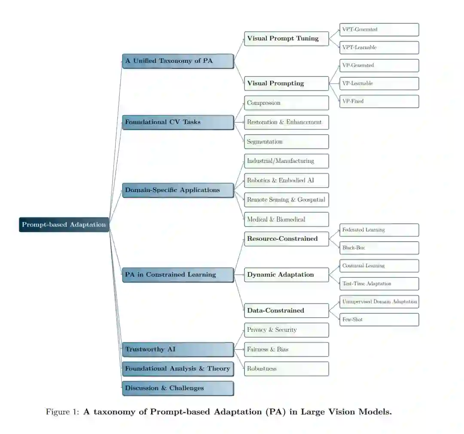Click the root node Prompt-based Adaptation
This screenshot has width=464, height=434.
(64, 225)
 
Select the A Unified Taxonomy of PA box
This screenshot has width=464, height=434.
(178, 61)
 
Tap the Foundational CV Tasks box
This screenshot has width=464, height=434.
(178, 122)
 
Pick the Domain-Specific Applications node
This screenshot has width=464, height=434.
(178, 190)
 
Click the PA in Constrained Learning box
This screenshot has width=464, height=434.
(178, 275)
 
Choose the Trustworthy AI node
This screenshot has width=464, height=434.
(178, 349)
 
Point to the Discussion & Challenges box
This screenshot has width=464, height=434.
(178, 388)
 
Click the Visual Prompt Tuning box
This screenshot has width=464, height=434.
(286, 38)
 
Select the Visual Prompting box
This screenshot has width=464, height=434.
(286, 83)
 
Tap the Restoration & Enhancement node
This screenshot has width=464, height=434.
(286, 122)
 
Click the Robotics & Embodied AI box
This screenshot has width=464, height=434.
(286, 180)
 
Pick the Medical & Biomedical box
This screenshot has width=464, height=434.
(286, 219)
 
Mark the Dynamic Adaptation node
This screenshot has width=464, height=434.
(286, 275)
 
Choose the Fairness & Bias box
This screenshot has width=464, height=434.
(286, 349)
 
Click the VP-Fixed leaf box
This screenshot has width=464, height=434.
(379, 101)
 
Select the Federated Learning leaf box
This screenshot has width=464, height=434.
(379, 230)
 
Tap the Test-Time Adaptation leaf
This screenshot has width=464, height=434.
(379, 284)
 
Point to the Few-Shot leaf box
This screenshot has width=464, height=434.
(379, 320)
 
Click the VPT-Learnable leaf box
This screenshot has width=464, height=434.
(379, 47)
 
